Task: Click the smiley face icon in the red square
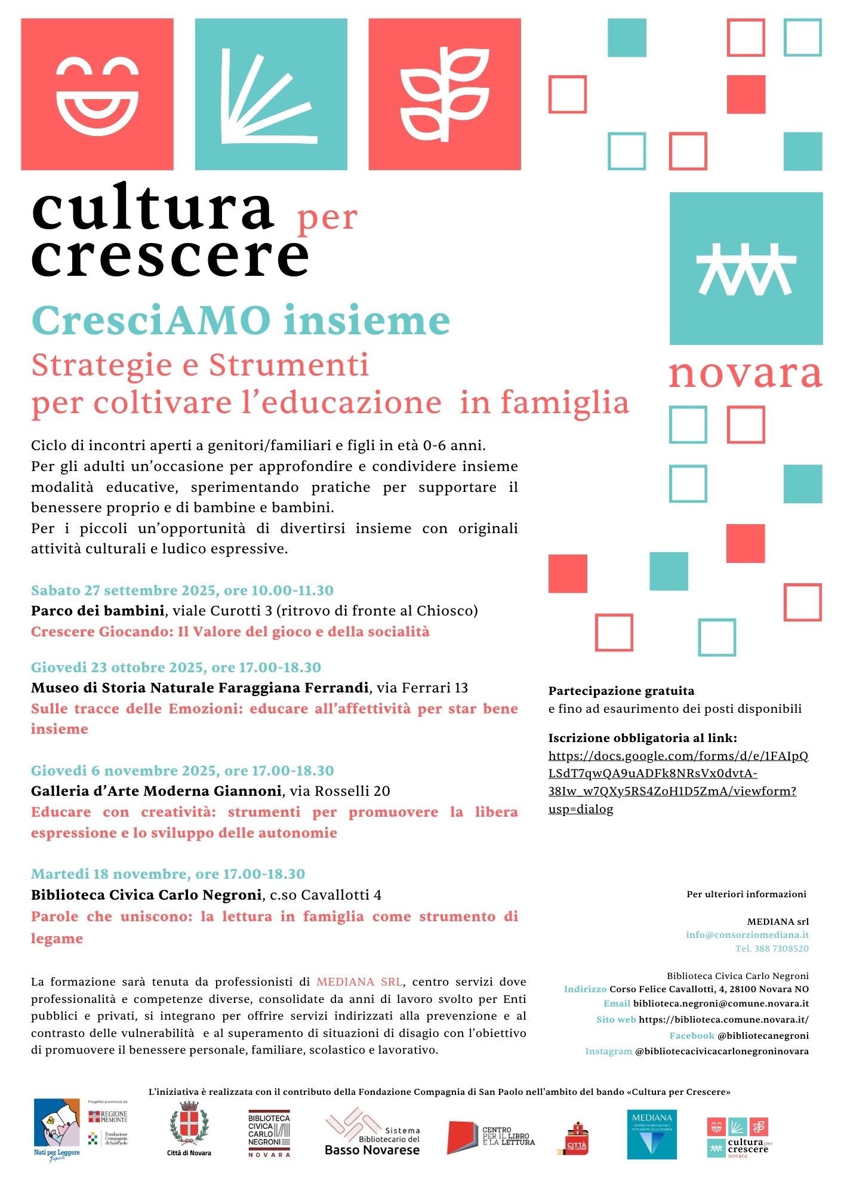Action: (97, 94)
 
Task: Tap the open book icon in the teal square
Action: (270, 94)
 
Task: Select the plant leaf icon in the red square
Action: (445, 94)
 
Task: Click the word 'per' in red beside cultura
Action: (327, 219)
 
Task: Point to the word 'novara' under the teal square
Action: (745, 374)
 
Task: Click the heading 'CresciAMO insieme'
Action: (241, 321)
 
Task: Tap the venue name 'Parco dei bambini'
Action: (97, 611)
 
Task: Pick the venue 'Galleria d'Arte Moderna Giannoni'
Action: (156, 791)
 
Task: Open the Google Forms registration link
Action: (677, 782)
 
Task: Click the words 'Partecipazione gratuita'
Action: (621, 691)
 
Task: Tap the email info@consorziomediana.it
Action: (747, 935)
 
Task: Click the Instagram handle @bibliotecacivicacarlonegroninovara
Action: (722, 1051)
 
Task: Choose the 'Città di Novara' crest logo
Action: (189, 1129)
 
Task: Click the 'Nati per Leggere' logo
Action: (57, 1129)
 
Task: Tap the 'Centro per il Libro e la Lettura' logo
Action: (491, 1137)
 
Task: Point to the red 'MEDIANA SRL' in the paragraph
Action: (359, 982)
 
